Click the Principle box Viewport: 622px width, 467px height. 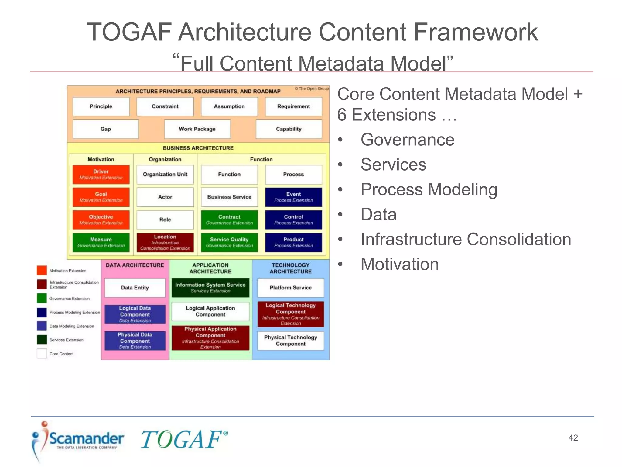[101, 106]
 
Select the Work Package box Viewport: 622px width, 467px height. [197, 129]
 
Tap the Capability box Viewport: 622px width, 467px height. [289, 129]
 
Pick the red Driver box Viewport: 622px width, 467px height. [101, 174]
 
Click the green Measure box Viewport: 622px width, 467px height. [101, 242]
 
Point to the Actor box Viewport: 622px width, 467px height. [165, 197]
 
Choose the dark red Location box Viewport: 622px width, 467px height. [165, 242]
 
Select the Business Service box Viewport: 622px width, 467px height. [229, 197]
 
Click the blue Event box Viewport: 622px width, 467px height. [293, 197]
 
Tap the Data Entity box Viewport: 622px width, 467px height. [135, 288]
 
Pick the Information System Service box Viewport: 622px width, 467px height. [210, 288]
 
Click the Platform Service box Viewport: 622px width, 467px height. [290, 288]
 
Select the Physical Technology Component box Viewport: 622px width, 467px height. [290, 341]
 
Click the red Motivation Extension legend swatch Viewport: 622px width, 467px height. [42, 270]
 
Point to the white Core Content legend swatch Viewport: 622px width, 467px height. [42, 354]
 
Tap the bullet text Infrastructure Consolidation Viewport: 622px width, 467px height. [466, 239]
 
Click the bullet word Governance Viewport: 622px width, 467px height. [407, 140]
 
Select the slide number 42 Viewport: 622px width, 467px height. [573, 438]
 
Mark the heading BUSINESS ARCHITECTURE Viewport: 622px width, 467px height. [198, 148]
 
